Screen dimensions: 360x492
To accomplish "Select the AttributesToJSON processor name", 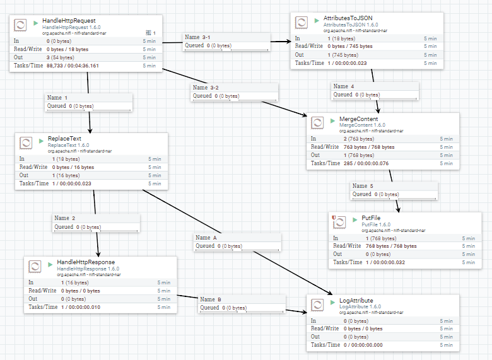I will pos(349,20).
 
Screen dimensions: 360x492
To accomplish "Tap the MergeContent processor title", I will pos(358,119).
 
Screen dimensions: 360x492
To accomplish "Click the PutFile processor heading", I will pos(372,218).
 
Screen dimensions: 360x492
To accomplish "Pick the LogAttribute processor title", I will pos(356,300).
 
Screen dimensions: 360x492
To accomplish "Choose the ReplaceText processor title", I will pos(64,138).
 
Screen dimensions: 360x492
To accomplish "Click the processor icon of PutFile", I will pos(339,221).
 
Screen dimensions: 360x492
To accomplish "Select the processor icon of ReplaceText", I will pos(26,142).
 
